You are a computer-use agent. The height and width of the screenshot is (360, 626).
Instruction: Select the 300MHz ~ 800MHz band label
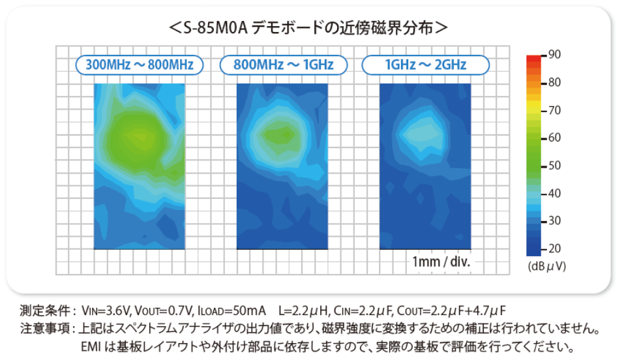coord(140,65)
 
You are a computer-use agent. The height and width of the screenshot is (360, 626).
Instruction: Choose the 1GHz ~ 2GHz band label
coord(426,65)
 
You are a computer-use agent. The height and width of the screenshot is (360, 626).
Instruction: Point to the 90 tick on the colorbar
coord(554,54)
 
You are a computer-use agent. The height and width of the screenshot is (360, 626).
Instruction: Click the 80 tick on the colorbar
coord(554,82)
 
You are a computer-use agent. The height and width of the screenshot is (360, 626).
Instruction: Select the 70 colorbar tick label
coord(554,110)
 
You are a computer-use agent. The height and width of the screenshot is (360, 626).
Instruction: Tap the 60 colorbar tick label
coord(554,138)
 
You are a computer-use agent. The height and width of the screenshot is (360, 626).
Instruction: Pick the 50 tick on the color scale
coord(554,166)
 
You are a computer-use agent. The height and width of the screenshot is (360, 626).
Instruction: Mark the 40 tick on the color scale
coord(554,194)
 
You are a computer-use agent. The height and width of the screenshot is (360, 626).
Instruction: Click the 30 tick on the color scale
coord(554,221)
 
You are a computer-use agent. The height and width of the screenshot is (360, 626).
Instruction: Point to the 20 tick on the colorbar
coord(554,249)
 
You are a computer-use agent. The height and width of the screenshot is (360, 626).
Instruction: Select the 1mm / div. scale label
coord(441,262)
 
